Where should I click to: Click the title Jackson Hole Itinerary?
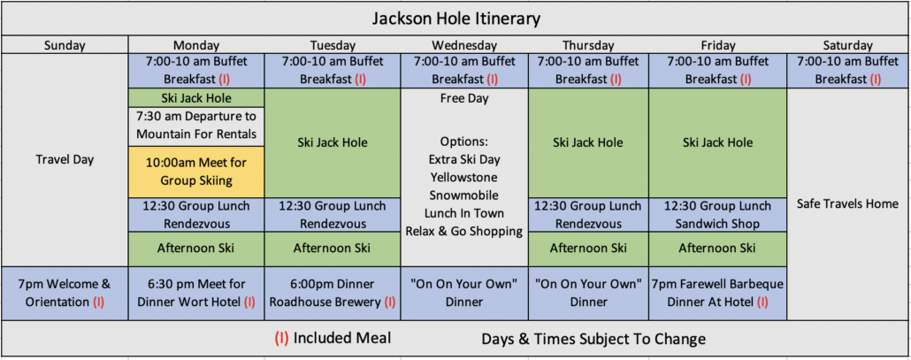(x=455, y=19)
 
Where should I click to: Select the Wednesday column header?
(x=464, y=45)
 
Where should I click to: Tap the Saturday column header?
(x=847, y=45)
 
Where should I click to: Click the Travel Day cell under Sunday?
(x=65, y=160)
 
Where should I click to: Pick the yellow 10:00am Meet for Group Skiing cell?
(x=196, y=172)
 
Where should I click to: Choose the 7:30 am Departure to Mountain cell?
(x=196, y=126)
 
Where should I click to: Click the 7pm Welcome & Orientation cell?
(x=65, y=294)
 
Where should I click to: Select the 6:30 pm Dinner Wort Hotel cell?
(x=196, y=294)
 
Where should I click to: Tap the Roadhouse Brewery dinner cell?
(x=333, y=294)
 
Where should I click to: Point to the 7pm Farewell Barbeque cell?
(x=717, y=294)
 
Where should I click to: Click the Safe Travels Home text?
(x=847, y=203)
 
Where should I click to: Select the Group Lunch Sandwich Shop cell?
(x=717, y=215)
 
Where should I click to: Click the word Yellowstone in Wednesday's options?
(x=464, y=177)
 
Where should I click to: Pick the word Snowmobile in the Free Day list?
(x=464, y=195)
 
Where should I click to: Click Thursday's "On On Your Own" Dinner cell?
(x=588, y=294)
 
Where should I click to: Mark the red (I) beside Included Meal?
(x=281, y=339)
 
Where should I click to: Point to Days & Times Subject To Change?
(x=593, y=339)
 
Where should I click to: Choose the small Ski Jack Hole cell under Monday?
(x=196, y=97)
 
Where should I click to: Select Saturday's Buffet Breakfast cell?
(x=847, y=71)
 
